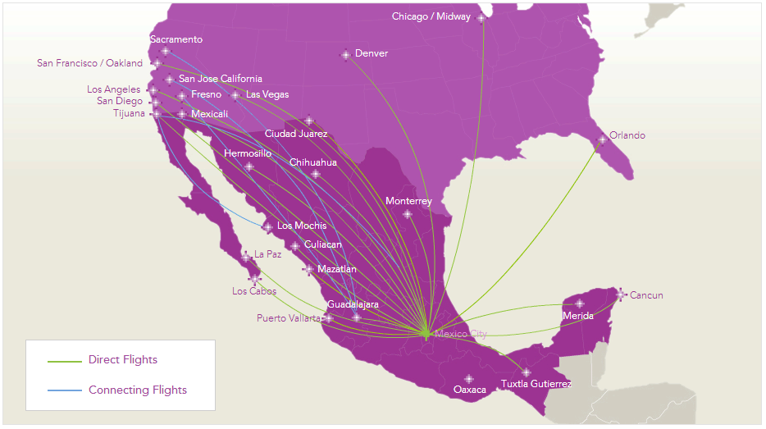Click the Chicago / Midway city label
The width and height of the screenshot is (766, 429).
click(431, 16)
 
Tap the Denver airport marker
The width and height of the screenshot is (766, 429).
click(346, 55)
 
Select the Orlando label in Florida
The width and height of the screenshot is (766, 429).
click(627, 135)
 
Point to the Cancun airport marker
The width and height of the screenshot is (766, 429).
click(621, 294)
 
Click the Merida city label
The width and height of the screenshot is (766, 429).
click(578, 316)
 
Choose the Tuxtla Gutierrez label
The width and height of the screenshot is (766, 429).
click(536, 384)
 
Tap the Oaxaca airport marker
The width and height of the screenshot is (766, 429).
click(469, 379)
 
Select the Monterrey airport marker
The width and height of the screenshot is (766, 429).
click(408, 214)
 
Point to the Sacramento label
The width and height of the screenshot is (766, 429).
click(176, 39)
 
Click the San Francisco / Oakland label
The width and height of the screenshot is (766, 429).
click(89, 63)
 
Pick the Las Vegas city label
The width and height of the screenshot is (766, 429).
click(267, 94)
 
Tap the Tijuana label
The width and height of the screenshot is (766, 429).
click(129, 113)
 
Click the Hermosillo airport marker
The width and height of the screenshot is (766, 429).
click(249, 167)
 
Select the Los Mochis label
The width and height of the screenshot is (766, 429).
click(301, 226)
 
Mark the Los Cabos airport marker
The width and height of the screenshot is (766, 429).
click(255, 279)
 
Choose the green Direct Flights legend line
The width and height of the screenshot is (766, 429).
click(65, 360)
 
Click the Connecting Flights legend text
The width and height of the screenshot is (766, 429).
click(137, 390)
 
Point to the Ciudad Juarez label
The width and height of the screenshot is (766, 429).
click(295, 134)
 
